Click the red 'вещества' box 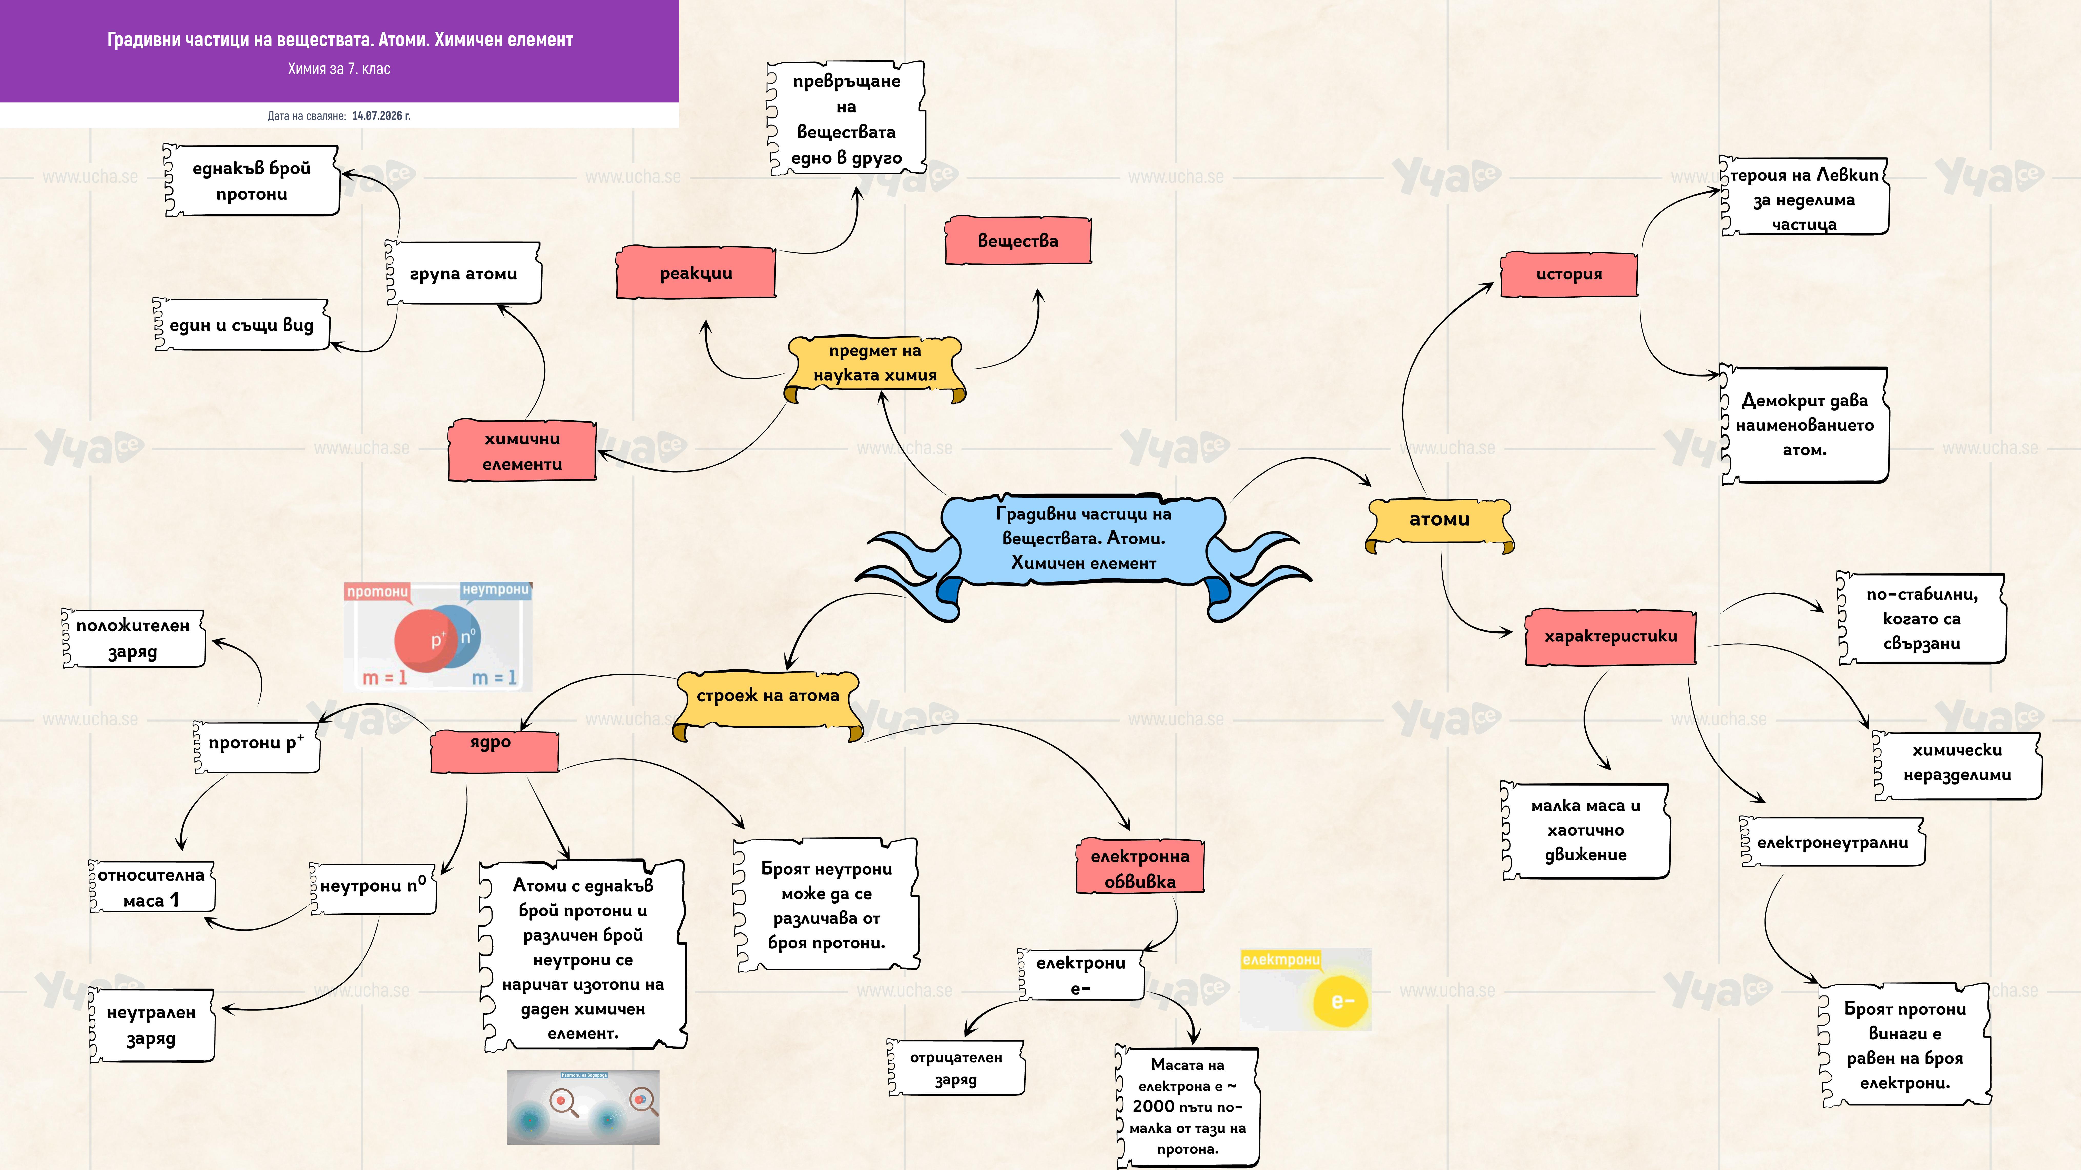pyautogui.click(x=1018, y=241)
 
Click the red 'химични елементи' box pyautogui.click(x=523, y=451)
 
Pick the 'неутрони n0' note pyautogui.click(x=372, y=887)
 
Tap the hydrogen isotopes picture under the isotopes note pyautogui.click(x=583, y=1107)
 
